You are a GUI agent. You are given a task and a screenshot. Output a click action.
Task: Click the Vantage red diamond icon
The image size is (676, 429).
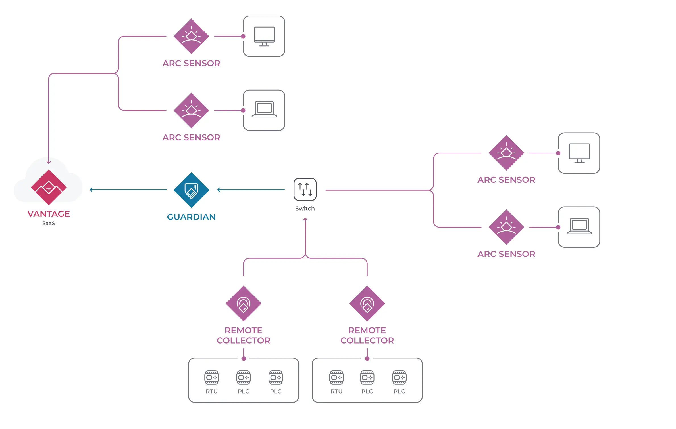pos(49,187)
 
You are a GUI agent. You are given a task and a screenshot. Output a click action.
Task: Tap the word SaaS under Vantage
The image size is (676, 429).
pos(49,223)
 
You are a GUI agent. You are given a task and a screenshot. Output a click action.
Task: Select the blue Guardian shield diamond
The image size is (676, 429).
pos(191,190)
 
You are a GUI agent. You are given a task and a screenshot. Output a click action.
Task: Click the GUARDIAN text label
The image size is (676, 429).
pos(191,217)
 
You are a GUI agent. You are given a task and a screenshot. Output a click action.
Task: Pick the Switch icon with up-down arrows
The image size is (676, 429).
pos(305,189)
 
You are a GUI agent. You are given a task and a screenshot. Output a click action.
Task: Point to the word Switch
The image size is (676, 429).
pos(305,209)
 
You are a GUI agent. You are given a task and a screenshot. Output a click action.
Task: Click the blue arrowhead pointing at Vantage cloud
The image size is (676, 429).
pos(91,190)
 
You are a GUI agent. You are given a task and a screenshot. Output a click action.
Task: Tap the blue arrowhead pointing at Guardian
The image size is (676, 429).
pos(219,190)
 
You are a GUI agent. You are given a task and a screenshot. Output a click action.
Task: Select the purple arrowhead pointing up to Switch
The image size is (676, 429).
pos(305,219)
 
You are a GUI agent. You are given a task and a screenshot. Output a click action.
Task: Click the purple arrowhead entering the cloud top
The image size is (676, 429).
pos(49,162)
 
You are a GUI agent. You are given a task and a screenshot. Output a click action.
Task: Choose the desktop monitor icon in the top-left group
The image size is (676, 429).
pos(264,36)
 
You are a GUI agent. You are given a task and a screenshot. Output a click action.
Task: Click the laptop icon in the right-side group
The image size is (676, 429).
pos(579,226)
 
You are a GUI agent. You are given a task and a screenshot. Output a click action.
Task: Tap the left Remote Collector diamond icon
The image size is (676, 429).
pos(244,303)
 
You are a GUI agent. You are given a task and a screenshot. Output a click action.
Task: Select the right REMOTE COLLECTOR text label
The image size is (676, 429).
pos(367,335)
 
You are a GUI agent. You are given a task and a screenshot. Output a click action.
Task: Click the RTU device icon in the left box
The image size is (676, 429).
pos(211,377)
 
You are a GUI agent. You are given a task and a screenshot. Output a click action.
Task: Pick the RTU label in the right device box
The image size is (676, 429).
pos(336,391)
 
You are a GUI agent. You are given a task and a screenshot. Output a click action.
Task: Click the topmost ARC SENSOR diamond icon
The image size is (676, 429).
pos(191,36)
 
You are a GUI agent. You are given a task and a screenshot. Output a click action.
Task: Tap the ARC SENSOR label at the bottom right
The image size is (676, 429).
pos(506,254)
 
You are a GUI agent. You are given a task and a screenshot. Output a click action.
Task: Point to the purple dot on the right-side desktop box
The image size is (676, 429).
pos(558,153)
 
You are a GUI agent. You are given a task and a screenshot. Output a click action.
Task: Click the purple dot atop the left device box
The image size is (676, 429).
pos(244,359)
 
